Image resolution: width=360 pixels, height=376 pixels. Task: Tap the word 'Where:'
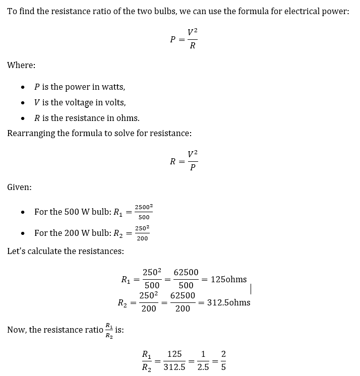21,65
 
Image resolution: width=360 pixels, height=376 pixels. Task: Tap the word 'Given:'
19,187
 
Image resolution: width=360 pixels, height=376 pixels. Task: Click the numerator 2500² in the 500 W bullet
144,207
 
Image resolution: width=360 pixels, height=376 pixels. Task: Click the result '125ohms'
229,279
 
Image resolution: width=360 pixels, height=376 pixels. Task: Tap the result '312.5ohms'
228,302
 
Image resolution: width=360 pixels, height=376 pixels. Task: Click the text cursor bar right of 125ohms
251,288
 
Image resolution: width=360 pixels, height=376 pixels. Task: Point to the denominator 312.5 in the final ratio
174,367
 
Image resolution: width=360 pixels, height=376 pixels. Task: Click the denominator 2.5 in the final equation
203,367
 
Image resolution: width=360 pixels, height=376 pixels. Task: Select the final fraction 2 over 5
223,361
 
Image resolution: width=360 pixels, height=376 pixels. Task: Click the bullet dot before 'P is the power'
23,87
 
